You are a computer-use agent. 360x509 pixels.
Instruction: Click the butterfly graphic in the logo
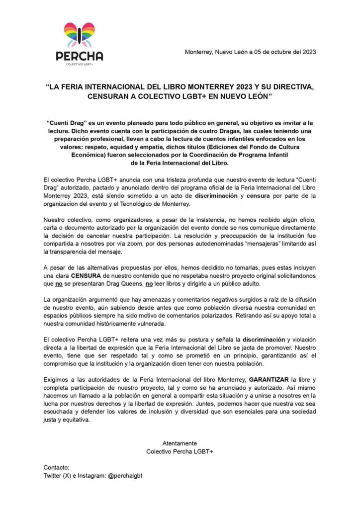click(80, 34)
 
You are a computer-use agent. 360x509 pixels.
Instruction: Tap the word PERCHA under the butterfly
click(80, 56)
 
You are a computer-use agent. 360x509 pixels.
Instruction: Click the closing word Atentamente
click(180, 443)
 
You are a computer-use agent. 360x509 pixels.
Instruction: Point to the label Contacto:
click(57, 468)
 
